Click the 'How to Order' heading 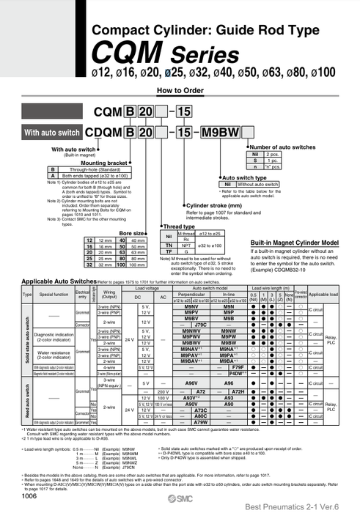[180, 90]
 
